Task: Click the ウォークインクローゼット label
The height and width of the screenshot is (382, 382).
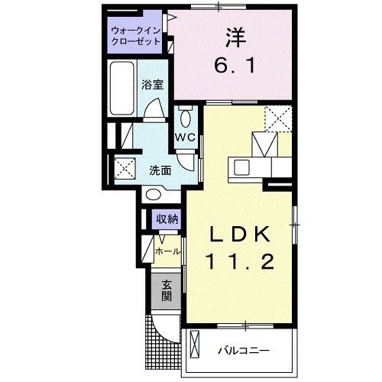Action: point(135,36)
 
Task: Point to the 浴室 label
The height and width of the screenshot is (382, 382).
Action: point(152,85)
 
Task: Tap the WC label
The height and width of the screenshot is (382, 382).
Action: point(186,138)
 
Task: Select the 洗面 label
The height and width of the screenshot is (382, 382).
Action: point(159,170)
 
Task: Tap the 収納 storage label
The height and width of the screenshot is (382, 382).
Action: point(167,219)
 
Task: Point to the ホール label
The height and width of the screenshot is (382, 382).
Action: point(168,251)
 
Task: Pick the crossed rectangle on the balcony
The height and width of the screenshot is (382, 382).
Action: point(194,349)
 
